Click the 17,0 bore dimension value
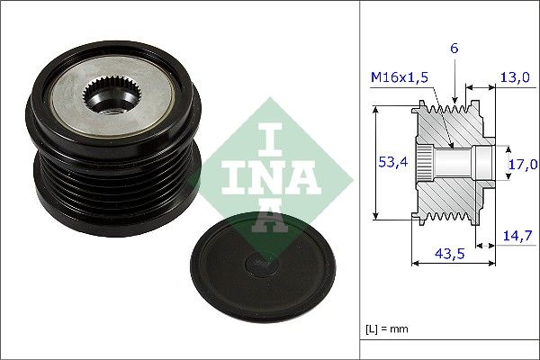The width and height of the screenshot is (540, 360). click(x=522, y=164)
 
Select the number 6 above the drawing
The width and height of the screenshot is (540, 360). click(x=454, y=49)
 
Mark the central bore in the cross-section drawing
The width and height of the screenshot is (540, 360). click(x=454, y=162)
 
